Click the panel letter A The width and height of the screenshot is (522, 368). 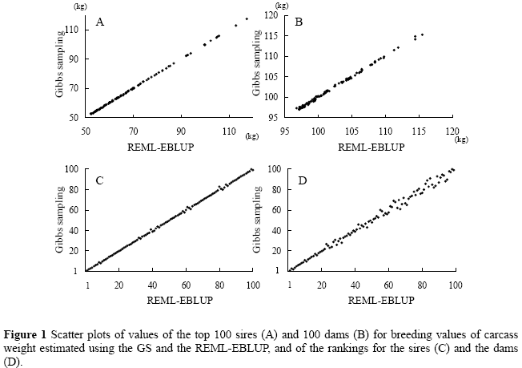100,22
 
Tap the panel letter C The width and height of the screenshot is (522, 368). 100,180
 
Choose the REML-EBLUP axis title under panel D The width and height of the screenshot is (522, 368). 373,301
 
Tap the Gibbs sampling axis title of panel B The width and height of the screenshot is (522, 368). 257,67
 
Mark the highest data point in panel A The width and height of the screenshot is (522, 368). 247,18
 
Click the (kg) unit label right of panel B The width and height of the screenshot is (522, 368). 460,139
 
